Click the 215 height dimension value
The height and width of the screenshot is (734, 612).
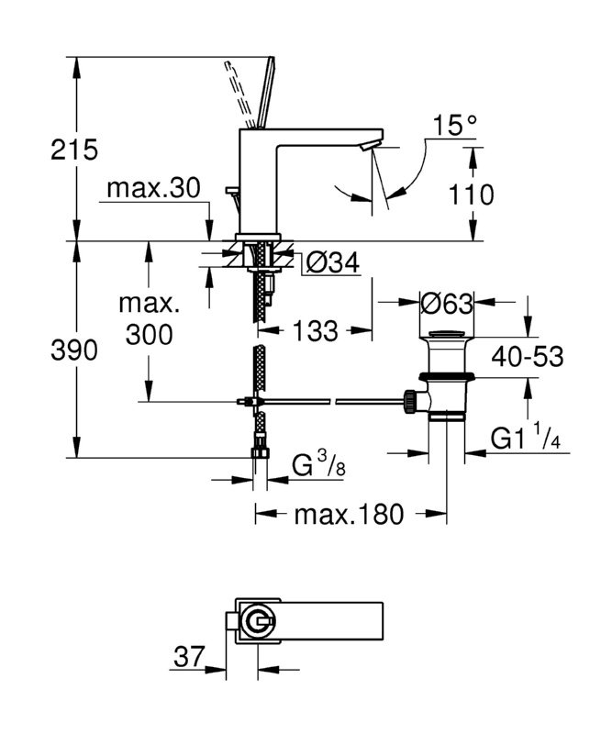coord(74,150)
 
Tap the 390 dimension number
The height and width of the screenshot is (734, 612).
coord(74,350)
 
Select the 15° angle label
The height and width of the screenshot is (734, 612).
coord(454,125)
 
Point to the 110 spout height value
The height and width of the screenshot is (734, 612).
coord(471,195)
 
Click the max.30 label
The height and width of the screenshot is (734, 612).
coord(153,188)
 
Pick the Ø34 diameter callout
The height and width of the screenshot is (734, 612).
coord(333,262)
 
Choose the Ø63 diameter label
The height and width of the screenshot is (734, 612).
coord(447,304)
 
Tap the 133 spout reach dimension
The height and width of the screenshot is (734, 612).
coord(315,331)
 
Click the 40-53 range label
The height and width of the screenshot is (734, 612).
coord(528,357)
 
